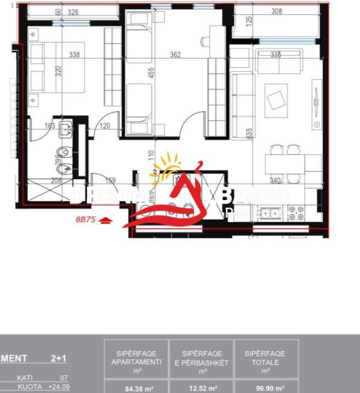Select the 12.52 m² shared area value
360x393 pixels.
pos(201,388)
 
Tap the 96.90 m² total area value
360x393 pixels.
pos(266,388)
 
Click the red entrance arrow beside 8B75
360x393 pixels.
pos(105,221)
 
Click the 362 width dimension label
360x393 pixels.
pos(175,55)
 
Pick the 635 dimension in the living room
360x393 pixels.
pos(250,134)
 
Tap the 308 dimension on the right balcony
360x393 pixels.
pos(277,10)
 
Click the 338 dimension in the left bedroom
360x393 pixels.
pos(74,55)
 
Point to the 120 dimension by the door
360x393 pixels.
pos(105,125)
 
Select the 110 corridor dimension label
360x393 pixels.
pos(151,155)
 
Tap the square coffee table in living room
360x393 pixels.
pos(277,98)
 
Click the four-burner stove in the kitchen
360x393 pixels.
pos(296,212)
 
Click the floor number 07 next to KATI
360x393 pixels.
pos(63,378)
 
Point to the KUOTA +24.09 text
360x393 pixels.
pos(43,386)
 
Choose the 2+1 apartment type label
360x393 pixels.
pos(59,359)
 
